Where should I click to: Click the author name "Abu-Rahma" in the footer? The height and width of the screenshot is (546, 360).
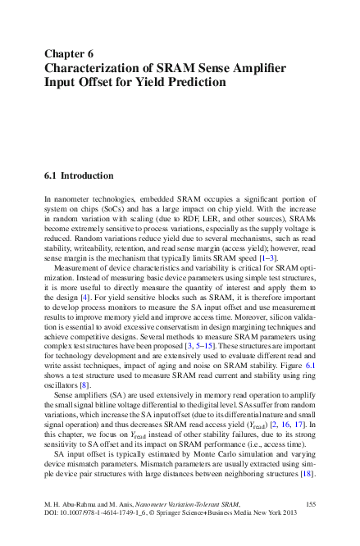80,503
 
